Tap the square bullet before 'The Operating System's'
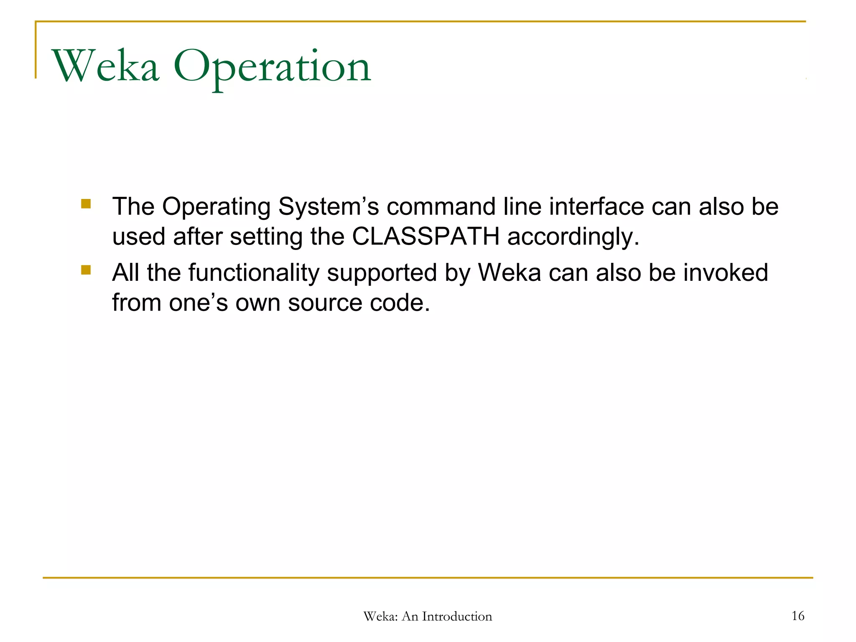point(86,204)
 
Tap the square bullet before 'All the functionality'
point(86,270)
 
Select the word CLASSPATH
point(425,237)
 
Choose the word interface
point(596,206)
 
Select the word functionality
point(254,273)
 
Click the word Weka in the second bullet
point(510,273)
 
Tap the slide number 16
point(798,616)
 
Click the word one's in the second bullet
point(198,303)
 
